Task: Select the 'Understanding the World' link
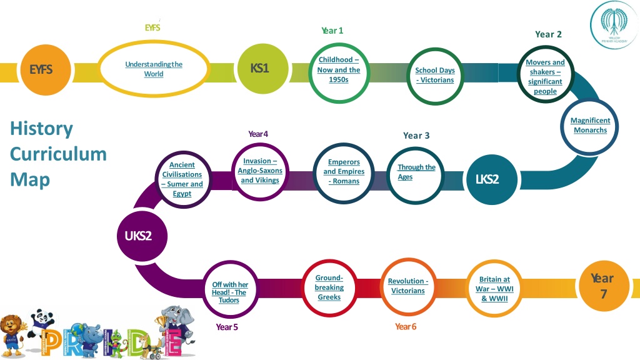click(x=154, y=69)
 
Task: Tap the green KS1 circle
click(x=259, y=69)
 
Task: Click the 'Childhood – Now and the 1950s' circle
click(x=339, y=70)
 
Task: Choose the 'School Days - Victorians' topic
click(x=435, y=75)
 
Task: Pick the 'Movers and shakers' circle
click(x=545, y=77)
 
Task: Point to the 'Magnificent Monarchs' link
click(x=590, y=126)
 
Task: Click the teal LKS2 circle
click(x=487, y=179)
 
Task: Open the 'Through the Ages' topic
click(x=416, y=172)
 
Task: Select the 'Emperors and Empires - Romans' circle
click(x=344, y=171)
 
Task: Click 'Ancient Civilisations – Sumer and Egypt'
click(x=182, y=179)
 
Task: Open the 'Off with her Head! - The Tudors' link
click(x=229, y=292)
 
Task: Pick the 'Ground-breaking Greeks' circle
click(x=329, y=287)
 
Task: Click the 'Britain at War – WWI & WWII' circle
click(x=494, y=289)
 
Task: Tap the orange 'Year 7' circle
click(x=602, y=286)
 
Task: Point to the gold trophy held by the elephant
click(x=163, y=324)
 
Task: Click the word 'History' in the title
click(x=41, y=129)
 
